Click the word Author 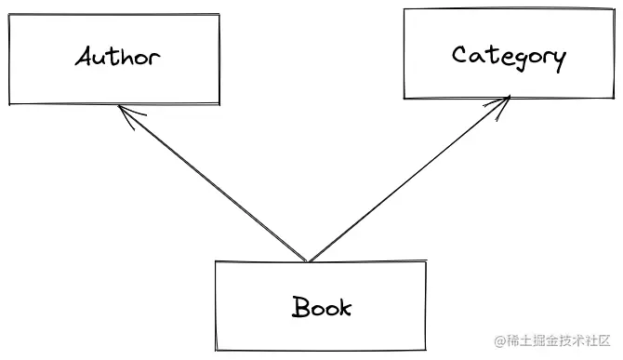click(117, 58)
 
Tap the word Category click(509, 56)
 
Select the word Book click(323, 306)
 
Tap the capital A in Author click(86, 57)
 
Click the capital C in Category click(460, 55)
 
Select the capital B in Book click(301, 306)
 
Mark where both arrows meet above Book click(308, 261)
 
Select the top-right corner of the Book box click(426, 263)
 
